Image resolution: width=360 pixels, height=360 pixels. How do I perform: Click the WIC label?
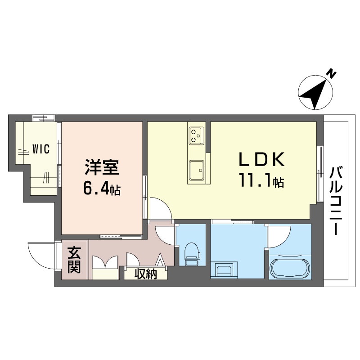(x=40, y=149)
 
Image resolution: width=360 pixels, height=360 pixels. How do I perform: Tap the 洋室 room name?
(x=102, y=168)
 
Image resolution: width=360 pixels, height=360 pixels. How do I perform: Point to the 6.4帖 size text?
(x=101, y=189)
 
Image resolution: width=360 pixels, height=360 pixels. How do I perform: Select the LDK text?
(x=261, y=160)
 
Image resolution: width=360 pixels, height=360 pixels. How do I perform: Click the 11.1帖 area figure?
(x=261, y=181)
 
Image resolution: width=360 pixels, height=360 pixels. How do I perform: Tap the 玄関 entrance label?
(x=74, y=260)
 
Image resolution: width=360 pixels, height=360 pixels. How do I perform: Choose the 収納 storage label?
(x=145, y=274)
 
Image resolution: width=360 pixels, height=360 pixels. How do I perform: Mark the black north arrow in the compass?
(x=315, y=93)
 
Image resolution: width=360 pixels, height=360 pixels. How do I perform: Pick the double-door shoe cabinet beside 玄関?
(x=104, y=267)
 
